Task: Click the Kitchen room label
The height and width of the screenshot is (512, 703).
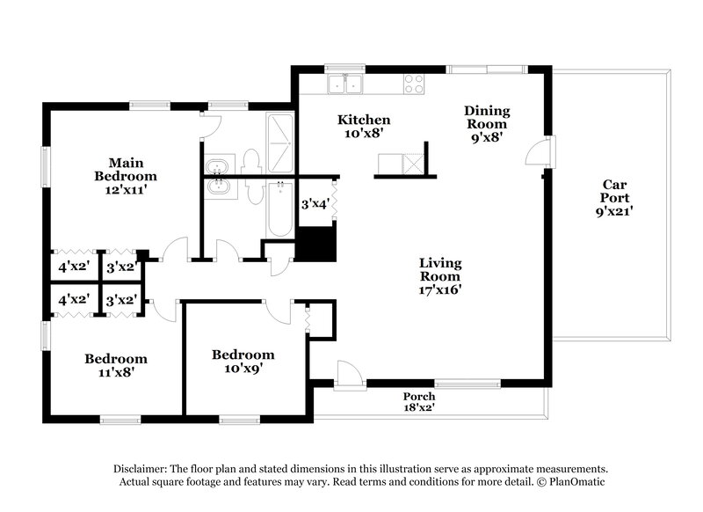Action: pyautogui.click(x=365, y=120)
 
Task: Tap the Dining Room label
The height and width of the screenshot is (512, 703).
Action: pyautogui.click(x=487, y=111)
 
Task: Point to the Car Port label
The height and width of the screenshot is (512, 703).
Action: pyautogui.click(x=613, y=185)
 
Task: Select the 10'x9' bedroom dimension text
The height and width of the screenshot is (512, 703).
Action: pyautogui.click(x=243, y=368)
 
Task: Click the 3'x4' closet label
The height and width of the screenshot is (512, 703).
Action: pyautogui.click(x=315, y=204)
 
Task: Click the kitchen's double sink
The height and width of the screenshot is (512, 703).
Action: pyautogui.click(x=347, y=84)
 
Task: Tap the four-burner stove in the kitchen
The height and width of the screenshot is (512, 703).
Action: pyautogui.click(x=414, y=84)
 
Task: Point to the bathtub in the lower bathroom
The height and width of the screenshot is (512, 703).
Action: pyautogui.click(x=279, y=208)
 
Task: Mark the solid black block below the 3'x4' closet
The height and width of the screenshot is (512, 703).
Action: pyautogui.click(x=316, y=241)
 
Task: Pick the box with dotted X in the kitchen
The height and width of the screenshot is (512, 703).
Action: pyautogui.click(x=411, y=164)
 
